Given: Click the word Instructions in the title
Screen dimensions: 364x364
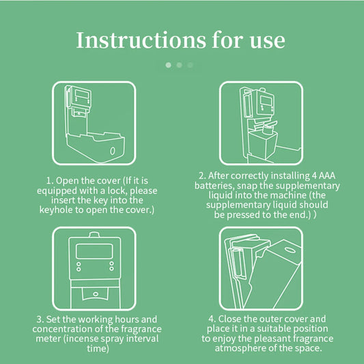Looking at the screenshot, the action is [141, 40].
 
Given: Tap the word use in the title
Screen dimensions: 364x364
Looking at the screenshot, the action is [268, 42].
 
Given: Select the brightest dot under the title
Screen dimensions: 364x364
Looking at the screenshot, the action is [168, 65].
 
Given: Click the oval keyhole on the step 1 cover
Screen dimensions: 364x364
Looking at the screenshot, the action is [113, 151].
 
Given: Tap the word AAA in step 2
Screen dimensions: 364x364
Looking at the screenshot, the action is [327, 176].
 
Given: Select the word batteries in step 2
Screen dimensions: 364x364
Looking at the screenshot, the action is [213, 186].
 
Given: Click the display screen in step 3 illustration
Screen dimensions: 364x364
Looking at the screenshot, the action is [94, 251].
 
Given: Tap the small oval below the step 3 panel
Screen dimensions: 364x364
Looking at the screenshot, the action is [96, 294].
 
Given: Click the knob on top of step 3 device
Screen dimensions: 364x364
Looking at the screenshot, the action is [94, 234].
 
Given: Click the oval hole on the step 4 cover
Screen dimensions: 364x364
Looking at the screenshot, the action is [290, 250].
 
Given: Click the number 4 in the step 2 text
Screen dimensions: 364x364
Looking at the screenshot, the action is [314, 176].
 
